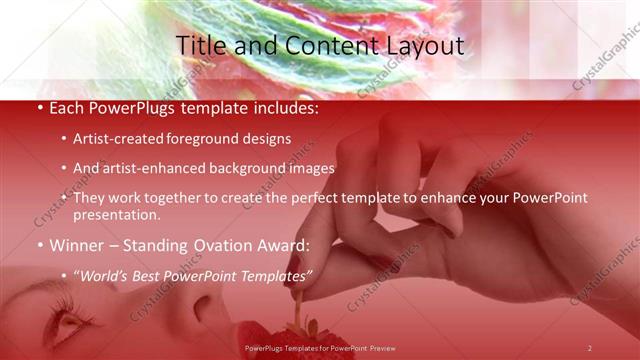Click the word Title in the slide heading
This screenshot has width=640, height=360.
(200, 45)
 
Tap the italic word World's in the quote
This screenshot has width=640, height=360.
(107, 273)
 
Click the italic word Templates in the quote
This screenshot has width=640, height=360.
(272, 273)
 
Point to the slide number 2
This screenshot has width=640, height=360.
(589, 348)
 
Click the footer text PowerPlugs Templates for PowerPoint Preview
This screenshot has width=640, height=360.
(320, 348)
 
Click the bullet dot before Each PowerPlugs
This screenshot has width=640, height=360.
(39, 107)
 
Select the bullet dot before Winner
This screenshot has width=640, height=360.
(39, 244)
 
